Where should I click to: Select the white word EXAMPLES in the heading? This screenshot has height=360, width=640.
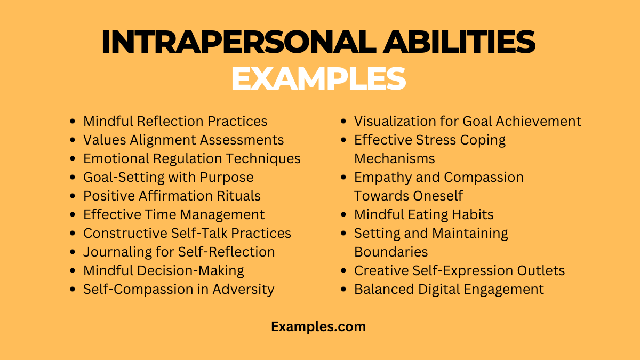(x=318, y=78)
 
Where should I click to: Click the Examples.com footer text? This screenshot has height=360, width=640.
(x=318, y=326)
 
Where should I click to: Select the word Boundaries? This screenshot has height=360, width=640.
(x=391, y=252)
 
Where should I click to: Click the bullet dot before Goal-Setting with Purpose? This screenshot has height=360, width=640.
(x=73, y=178)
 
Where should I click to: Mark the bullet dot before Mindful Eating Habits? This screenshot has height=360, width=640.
(x=344, y=215)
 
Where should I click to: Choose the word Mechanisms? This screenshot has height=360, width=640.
(x=395, y=158)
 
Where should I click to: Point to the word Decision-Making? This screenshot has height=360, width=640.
(x=193, y=270)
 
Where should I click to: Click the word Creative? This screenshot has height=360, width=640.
(x=380, y=270)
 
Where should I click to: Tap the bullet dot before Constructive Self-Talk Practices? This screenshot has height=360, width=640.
(x=73, y=234)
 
